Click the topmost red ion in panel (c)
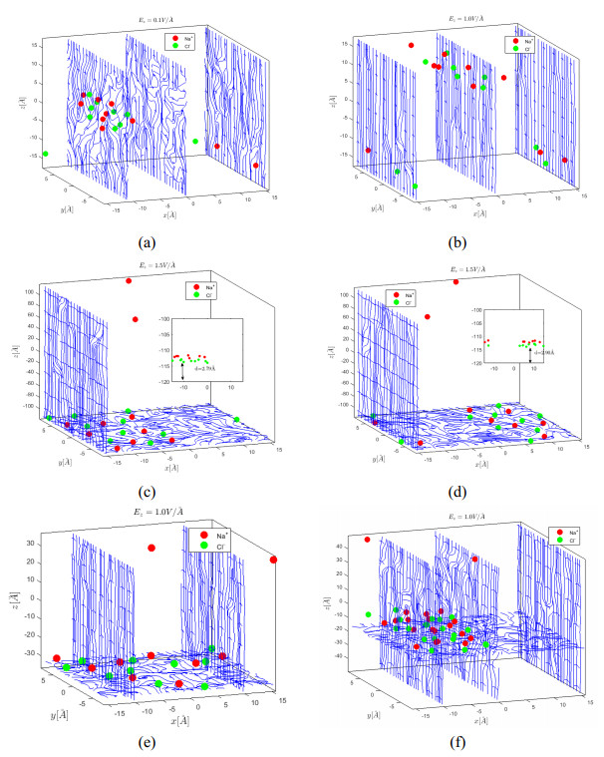[x=129, y=281]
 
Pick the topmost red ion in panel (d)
[x=456, y=281]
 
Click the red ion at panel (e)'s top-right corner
[x=274, y=560]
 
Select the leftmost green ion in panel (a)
[x=46, y=154]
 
